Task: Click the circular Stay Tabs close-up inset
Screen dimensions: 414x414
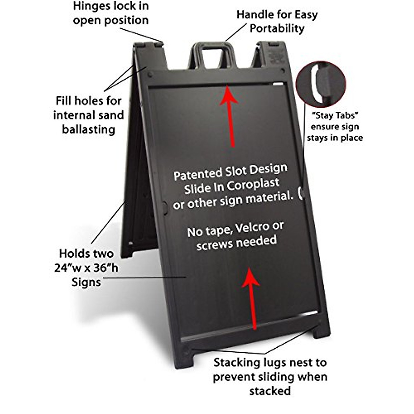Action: [x=321, y=85]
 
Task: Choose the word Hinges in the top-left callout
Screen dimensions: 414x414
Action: [x=91, y=6]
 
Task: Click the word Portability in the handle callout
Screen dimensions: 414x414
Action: [x=277, y=29]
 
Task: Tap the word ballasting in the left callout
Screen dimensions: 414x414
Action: [x=88, y=129]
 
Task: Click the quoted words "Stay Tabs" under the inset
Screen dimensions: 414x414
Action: [x=334, y=116]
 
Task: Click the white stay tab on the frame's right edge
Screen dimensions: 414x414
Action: [x=301, y=193]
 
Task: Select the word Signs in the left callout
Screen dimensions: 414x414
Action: [x=86, y=282]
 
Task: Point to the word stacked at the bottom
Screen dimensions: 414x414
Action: [x=270, y=391]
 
